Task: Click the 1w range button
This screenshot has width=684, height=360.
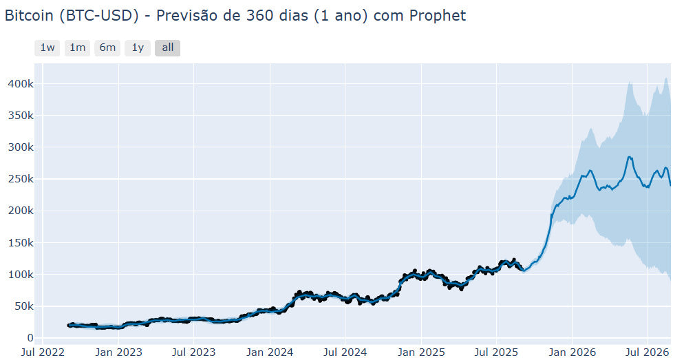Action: (x=47, y=47)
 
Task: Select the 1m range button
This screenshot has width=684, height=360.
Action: (x=77, y=47)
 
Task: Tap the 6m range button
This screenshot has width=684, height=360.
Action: (x=107, y=47)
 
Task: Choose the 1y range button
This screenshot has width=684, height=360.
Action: (x=138, y=47)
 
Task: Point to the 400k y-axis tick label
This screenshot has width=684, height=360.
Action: (x=21, y=84)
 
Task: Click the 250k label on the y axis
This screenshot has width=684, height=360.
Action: (x=21, y=179)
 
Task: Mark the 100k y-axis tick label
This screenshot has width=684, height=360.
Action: (x=21, y=275)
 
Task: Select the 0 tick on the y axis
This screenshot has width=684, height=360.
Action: (x=30, y=338)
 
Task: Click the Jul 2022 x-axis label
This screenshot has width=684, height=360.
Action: (x=43, y=352)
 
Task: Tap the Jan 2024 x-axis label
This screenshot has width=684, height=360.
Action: (x=270, y=352)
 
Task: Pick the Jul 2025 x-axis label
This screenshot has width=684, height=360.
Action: (x=497, y=352)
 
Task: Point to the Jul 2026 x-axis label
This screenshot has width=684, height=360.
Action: (x=648, y=352)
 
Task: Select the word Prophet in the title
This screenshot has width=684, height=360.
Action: (x=438, y=16)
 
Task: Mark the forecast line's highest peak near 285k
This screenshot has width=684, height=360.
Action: (x=629, y=157)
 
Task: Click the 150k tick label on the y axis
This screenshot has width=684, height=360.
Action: (x=21, y=242)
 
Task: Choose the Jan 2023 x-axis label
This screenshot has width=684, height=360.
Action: (x=118, y=352)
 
